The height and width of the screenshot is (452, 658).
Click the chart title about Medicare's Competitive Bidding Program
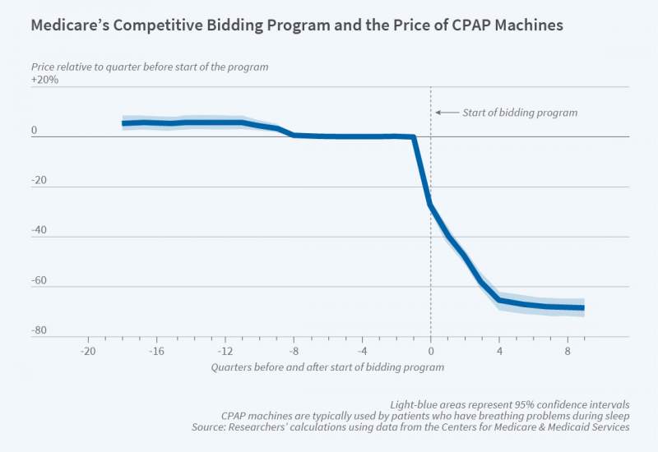coord(297,25)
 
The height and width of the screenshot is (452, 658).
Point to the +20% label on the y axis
coord(44,80)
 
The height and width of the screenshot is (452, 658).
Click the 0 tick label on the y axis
coord(35,131)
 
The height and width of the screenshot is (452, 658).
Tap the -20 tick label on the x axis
coord(87,351)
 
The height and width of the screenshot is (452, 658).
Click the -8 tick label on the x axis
coord(294,351)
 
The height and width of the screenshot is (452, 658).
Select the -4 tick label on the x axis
coord(362,351)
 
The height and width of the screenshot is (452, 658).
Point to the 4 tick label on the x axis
coord(499,351)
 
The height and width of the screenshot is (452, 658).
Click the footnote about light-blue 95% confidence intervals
coord(509,404)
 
